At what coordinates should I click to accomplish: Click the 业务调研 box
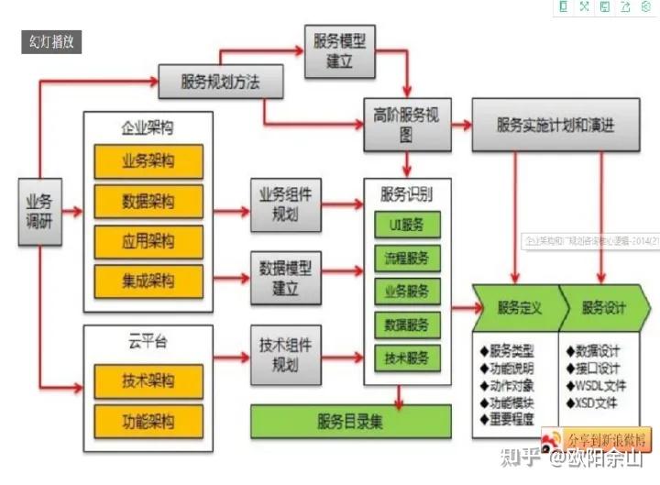tap(38, 211)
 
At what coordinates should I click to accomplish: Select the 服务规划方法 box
tap(220, 82)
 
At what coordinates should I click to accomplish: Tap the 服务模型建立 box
tap(340, 51)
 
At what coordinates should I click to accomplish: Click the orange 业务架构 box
tap(148, 161)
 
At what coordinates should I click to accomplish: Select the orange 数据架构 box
tap(148, 201)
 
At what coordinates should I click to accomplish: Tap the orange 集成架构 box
tap(148, 281)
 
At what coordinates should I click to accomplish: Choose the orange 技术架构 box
tap(148, 380)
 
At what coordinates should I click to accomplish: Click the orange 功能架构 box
tap(148, 422)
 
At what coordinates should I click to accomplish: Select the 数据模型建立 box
tap(286, 278)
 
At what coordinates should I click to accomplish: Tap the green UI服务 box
tap(407, 225)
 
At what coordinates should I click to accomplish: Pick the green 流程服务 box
tap(407, 258)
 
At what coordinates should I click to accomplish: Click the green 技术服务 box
tap(407, 358)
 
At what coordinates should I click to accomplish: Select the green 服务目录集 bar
tap(351, 422)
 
